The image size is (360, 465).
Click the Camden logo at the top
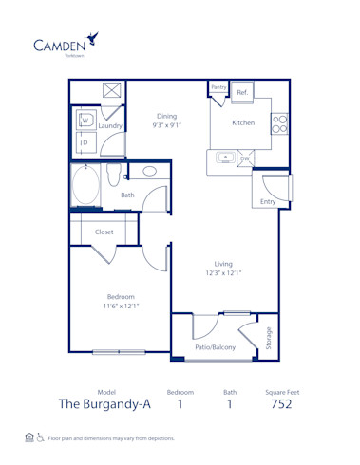[x=66, y=44]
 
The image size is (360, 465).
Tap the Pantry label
[x=218, y=87]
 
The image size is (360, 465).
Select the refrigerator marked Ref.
[x=241, y=93]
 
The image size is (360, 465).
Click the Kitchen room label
[x=244, y=122]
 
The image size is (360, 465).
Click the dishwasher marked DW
[x=244, y=158]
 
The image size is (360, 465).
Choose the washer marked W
[x=85, y=121]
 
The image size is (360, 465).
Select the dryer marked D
[x=85, y=143]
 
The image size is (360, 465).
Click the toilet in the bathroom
[x=113, y=176]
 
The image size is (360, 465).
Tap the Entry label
[x=267, y=201]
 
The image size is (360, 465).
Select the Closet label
[x=104, y=232]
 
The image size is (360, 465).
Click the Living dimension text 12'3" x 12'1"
[x=223, y=273]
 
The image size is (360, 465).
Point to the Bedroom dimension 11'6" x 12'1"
[x=121, y=307]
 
